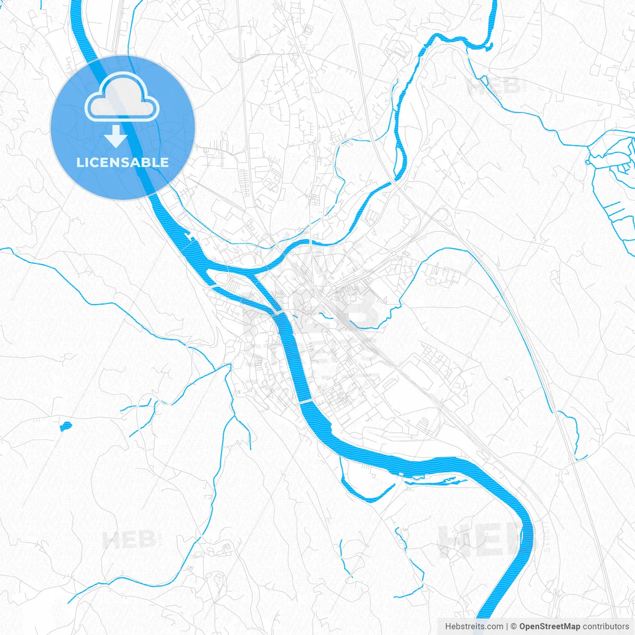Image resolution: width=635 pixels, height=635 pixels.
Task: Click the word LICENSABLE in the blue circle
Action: (x=123, y=162)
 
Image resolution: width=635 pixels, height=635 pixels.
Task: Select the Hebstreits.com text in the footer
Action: (x=474, y=627)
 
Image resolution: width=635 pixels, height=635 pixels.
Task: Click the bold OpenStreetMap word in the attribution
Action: (x=549, y=627)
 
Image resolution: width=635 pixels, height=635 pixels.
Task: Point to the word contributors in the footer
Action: (x=606, y=627)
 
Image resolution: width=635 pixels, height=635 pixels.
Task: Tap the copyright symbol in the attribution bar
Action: (x=514, y=627)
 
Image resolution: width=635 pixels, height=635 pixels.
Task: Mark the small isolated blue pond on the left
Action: (x=65, y=426)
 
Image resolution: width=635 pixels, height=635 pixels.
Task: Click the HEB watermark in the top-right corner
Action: (x=494, y=86)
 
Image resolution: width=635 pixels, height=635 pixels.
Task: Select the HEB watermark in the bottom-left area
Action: (x=129, y=539)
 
